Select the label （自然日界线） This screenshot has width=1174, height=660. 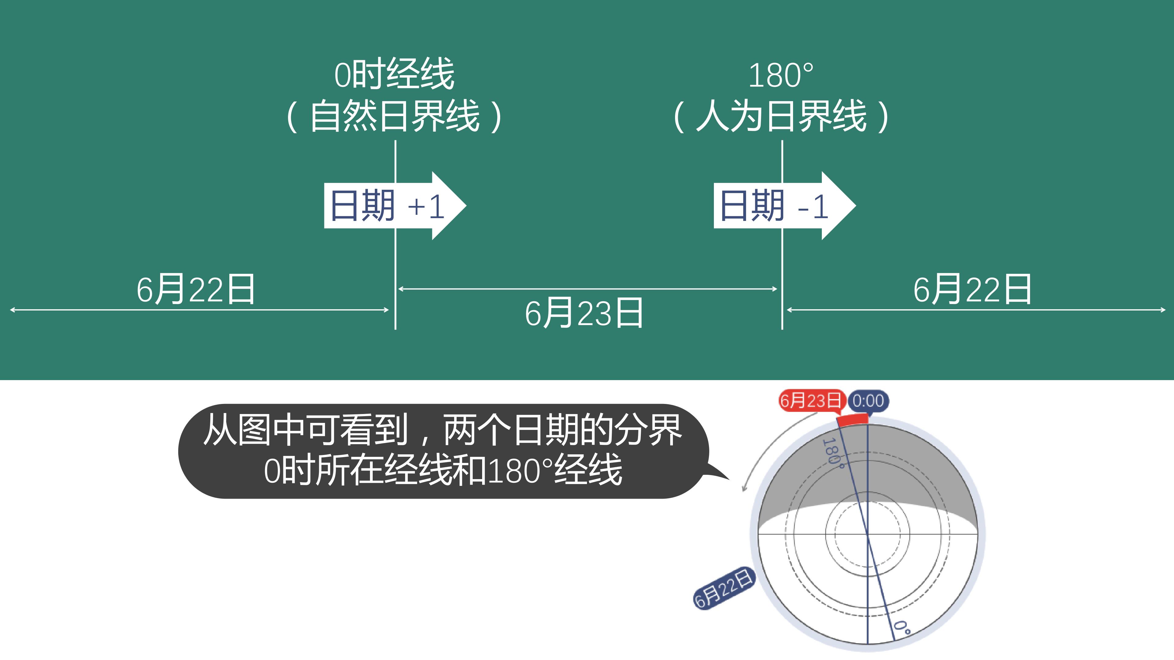[395, 116]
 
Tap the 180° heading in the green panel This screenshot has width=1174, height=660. [781, 75]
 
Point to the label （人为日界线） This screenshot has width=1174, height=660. [781, 116]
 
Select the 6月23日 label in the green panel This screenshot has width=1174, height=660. [584, 313]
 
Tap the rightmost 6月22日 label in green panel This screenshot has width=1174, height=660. [972, 289]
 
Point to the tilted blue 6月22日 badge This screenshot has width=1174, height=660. [724, 588]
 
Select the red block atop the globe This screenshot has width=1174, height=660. [853, 420]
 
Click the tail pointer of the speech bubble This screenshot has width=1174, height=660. [715, 471]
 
